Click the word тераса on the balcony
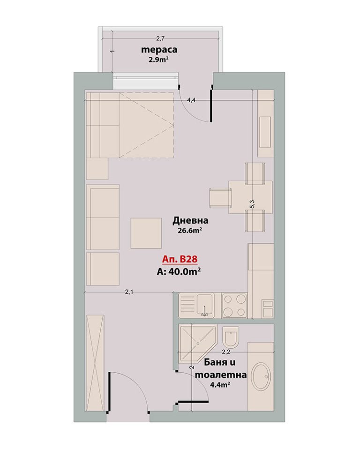point(159,50)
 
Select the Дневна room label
point(190,220)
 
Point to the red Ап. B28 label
point(180,259)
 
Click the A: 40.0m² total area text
point(178,271)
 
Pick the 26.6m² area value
point(188,231)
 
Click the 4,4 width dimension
point(191,100)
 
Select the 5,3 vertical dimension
point(252,204)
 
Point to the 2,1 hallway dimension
point(129,292)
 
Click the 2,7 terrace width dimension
point(160,37)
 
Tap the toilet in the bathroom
point(230,337)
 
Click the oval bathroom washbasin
point(261,376)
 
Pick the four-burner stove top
point(234,306)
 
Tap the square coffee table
point(146,233)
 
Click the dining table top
point(250,197)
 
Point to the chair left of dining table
point(220,197)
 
